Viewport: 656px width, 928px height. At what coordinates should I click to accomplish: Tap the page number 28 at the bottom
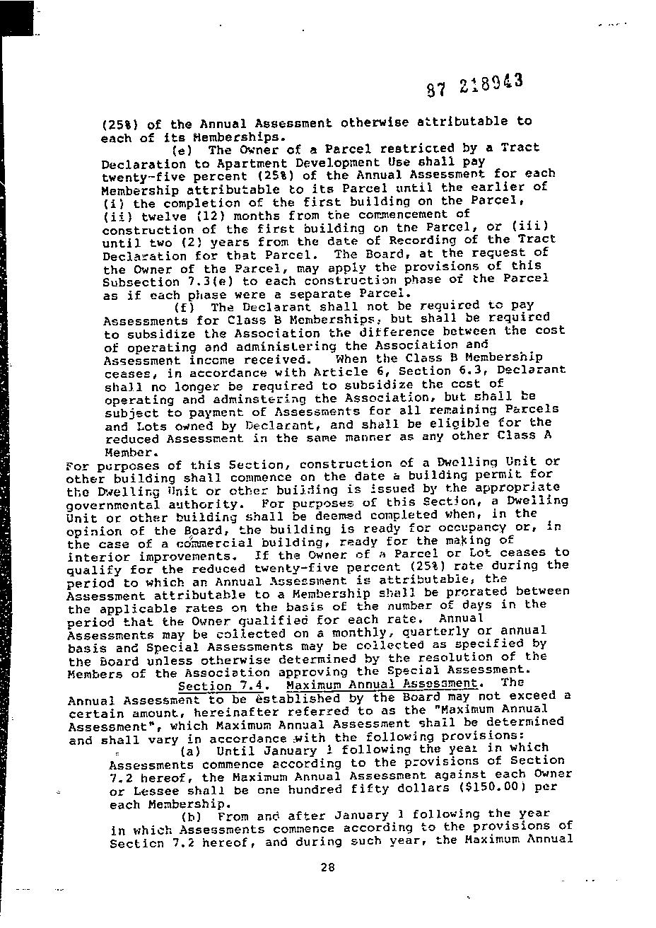pyautogui.click(x=327, y=869)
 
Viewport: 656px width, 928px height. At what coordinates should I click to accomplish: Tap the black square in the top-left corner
pyautogui.click(x=16, y=18)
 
